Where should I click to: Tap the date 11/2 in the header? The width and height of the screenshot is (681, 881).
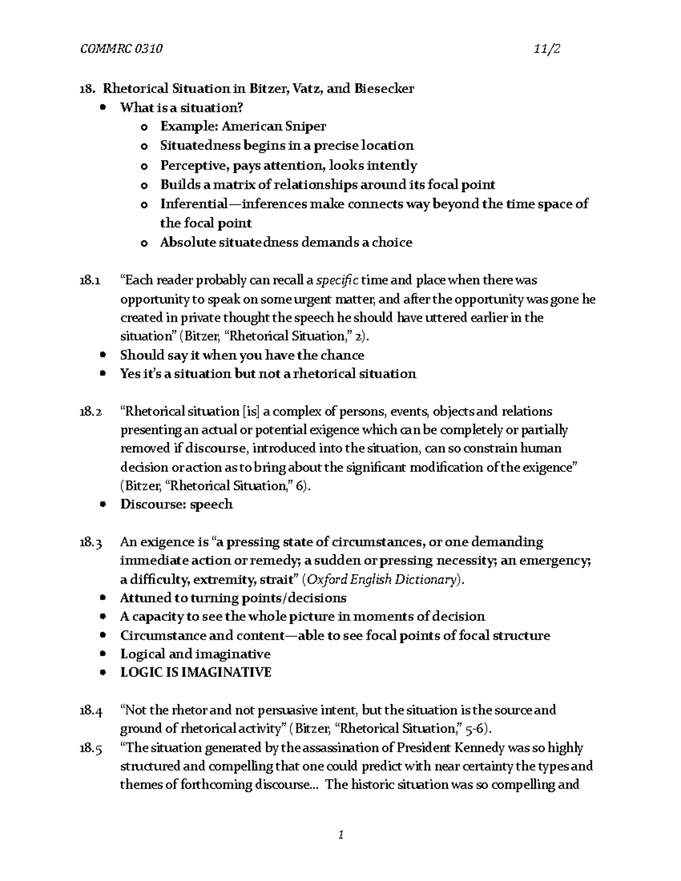547,49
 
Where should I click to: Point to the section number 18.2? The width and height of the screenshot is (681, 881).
90,411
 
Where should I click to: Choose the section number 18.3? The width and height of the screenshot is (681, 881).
90,542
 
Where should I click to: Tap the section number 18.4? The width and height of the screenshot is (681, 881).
90,710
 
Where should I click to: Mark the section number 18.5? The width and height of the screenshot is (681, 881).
90,748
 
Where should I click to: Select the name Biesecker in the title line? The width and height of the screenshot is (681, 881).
384,88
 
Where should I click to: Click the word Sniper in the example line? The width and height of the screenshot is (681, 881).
307,127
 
